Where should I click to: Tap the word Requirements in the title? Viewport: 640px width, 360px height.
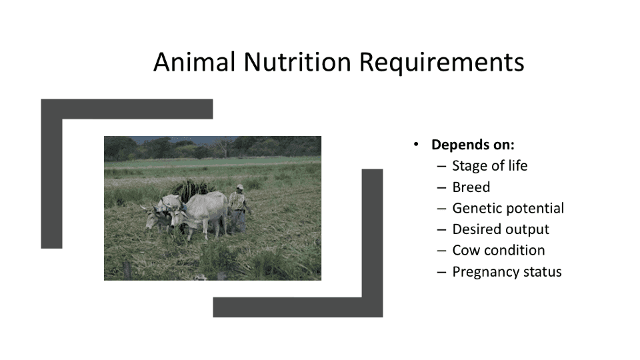point(441,63)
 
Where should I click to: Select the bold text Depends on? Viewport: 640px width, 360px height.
point(473,145)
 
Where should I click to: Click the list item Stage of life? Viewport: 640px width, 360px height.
point(490,166)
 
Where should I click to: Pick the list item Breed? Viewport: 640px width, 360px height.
point(471,187)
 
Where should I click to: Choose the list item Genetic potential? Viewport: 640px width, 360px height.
point(508,208)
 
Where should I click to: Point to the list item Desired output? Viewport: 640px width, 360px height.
point(501,229)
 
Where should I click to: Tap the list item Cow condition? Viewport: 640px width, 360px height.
point(499,250)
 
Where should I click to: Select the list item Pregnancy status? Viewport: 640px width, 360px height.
point(507,272)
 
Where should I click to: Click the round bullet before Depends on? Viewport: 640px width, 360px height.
point(416,144)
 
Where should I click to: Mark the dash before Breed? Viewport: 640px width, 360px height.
point(441,188)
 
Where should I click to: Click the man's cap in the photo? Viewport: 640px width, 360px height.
point(239,187)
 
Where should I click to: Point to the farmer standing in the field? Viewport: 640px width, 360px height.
point(239,208)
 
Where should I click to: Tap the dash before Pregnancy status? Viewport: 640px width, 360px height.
point(441,272)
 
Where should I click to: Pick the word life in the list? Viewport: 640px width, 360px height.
point(517,166)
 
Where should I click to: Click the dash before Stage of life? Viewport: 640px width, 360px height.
point(441,167)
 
